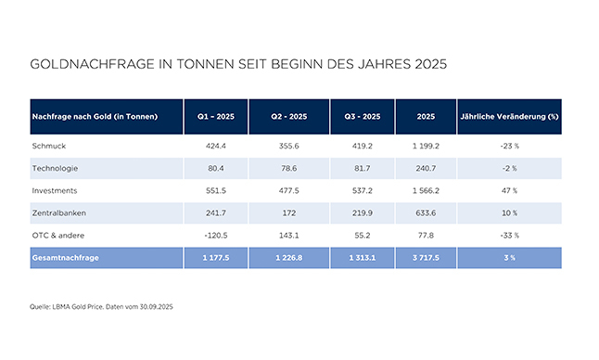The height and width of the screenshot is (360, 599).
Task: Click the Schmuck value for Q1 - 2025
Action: [x=216, y=146]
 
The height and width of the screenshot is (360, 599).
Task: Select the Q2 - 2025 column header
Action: [x=288, y=117]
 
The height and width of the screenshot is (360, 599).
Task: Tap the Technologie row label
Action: [x=55, y=168]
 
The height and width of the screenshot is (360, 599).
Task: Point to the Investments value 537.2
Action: [x=363, y=190]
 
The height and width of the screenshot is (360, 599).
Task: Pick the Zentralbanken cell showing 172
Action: [x=288, y=212]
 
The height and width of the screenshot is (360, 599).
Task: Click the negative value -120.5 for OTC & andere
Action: [x=216, y=236]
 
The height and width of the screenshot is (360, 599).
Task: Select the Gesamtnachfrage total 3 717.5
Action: [x=426, y=258]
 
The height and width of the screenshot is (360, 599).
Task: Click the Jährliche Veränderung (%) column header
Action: [x=509, y=117]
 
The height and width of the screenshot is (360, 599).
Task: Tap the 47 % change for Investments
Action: [x=509, y=190]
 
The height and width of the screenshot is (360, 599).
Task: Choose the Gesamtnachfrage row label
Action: [x=65, y=258]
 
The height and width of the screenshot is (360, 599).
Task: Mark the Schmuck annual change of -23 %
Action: [x=509, y=146]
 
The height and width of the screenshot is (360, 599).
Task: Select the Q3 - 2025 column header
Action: [x=363, y=117]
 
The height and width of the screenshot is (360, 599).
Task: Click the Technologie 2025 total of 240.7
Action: [x=426, y=168]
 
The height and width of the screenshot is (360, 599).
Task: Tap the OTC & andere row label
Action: [x=58, y=236]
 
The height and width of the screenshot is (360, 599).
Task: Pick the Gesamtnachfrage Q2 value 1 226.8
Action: [x=288, y=258]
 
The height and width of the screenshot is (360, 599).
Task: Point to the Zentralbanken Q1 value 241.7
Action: [x=216, y=212]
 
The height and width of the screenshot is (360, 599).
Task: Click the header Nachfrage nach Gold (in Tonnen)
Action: [x=95, y=117]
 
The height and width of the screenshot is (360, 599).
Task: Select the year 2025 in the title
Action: [x=431, y=64]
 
